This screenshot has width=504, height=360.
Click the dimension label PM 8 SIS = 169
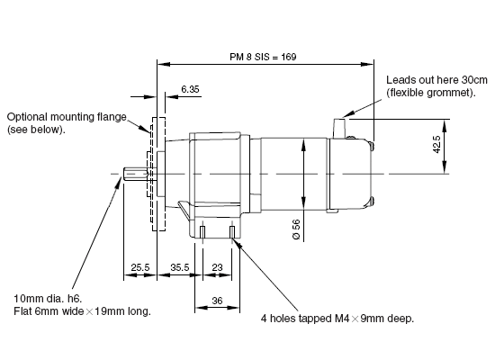pyautogui.click(x=263, y=57)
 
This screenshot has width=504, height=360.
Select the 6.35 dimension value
pyautogui.click(x=190, y=89)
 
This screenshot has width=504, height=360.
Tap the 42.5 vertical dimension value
pyautogui.click(x=436, y=144)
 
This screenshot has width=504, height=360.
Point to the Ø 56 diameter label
pyautogui.click(x=296, y=229)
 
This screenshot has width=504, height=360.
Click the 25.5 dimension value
pyautogui.click(x=140, y=267)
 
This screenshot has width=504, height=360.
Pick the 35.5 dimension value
pyautogui.click(x=180, y=267)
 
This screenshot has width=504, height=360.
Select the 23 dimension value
pyautogui.click(x=217, y=267)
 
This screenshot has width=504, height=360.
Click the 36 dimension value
pyautogui.click(x=217, y=301)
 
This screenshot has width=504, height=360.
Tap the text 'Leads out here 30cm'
pyautogui.click(x=436, y=80)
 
